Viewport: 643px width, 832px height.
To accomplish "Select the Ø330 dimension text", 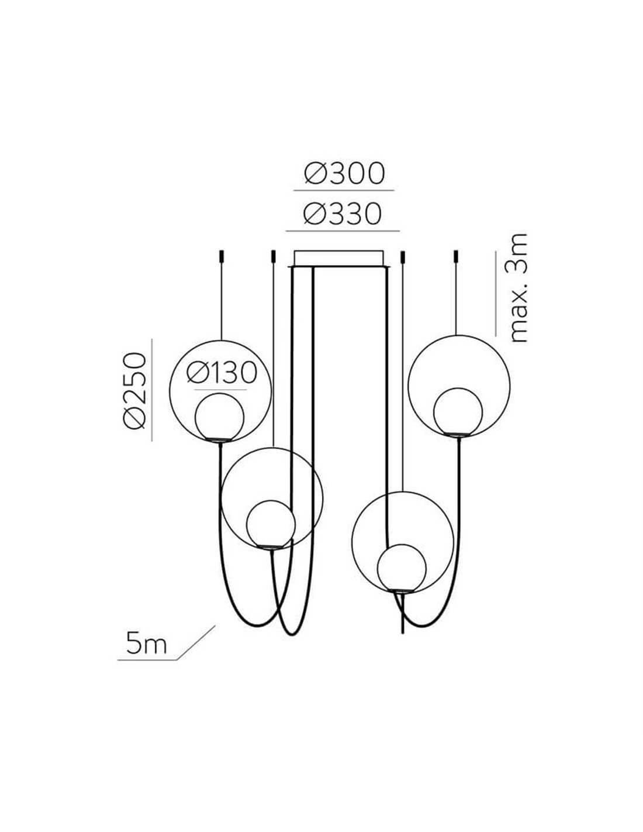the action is [343, 214].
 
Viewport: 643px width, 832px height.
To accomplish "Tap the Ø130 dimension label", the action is [222, 373].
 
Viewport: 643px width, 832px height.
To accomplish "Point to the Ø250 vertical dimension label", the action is [134, 390].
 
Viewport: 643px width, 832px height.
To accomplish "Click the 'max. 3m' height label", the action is [518, 287].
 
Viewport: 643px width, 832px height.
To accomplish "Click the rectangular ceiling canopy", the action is [338, 258].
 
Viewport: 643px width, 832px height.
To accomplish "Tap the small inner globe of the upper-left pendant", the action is [219, 417].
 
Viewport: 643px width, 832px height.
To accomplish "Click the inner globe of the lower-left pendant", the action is [271, 525].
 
